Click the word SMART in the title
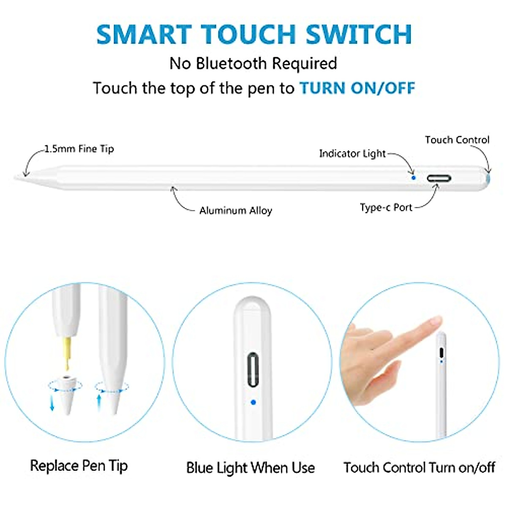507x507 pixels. (x=144, y=35)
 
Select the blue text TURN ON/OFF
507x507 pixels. (x=357, y=88)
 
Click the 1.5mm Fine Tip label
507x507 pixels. (x=79, y=149)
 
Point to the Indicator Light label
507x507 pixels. (x=352, y=153)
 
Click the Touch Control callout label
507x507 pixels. (x=457, y=140)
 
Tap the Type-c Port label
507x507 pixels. (x=386, y=207)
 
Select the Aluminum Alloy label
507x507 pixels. (x=235, y=210)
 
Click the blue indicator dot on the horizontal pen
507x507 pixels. (x=414, y=178)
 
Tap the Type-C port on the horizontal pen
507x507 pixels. (x=439, y=178)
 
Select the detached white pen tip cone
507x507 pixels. (x=67, y=393)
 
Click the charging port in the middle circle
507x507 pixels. (x=253, y=369)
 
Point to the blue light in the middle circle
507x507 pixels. (x=253, y=402)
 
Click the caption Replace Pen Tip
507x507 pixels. (x=79, y=466)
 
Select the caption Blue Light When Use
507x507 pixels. (x=250, y=468)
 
